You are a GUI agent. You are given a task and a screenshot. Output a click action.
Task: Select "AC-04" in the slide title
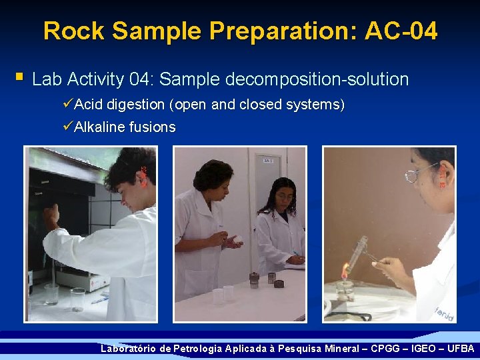[x=401, y=31]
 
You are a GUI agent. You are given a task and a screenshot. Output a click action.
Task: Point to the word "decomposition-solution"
[x=317, y=80]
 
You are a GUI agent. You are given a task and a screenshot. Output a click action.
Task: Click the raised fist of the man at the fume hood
[x=51, y=215]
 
